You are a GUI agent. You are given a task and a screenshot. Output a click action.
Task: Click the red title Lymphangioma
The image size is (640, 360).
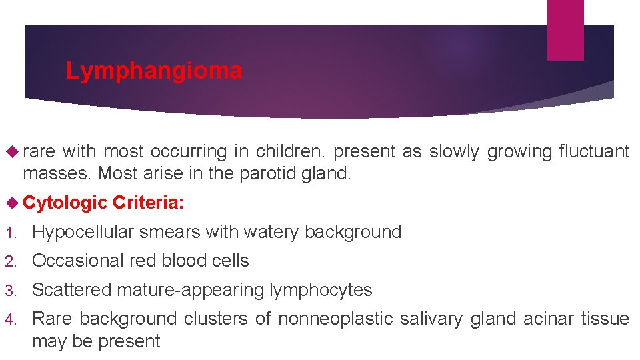tap(154, 71)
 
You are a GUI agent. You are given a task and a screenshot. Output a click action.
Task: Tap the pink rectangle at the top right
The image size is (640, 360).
tap(565, 29)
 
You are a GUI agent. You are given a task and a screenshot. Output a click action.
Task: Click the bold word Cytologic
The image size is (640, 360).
tap(65, 203)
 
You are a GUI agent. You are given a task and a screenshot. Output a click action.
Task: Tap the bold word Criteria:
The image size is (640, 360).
tap(149, 203)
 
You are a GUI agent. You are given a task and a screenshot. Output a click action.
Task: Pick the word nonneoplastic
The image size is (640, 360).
tap(336, 319)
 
